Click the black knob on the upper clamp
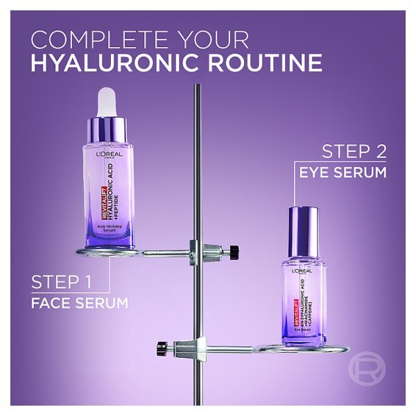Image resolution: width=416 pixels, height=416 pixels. click(234, 250)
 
